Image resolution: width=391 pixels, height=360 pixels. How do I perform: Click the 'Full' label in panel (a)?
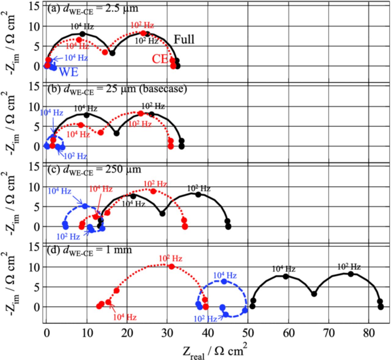pos(184,39)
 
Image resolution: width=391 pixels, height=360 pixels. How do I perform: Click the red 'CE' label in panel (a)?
pos(160,59)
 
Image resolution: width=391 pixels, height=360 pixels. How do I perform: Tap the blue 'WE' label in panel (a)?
pos(68,72)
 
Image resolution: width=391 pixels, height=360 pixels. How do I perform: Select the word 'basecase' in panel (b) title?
pos(170,89)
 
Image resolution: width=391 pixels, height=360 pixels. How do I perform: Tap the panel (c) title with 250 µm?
pos(94,169)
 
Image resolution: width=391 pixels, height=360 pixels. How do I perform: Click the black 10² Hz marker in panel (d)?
pos(351,274)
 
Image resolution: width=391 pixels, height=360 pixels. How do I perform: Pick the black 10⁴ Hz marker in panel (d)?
pos(286,276)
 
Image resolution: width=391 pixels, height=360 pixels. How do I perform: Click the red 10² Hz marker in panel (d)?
pos(171,267)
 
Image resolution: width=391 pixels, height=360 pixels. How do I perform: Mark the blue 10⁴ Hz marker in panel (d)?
pos(224,282)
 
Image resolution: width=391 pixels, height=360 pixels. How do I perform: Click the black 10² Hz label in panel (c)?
pos(199,189)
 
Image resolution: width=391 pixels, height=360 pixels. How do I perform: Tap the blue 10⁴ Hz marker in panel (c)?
pos(85,206)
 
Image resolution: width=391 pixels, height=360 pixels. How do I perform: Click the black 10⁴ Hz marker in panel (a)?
pos(82,34)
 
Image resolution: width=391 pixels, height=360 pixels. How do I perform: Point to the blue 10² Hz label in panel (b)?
pos(75,156)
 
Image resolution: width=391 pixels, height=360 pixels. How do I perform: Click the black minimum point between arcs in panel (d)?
pos(314,294)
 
